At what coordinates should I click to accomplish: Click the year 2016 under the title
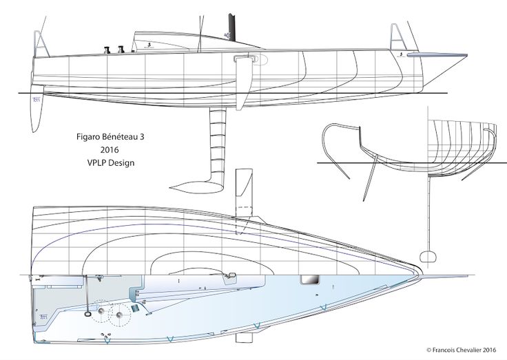tap(109, 150)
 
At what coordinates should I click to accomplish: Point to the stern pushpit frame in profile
tap(41, 45)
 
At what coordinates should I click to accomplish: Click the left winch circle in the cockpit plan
tap(102, 315)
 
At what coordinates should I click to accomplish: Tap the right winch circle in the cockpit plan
tap(123, 315)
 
